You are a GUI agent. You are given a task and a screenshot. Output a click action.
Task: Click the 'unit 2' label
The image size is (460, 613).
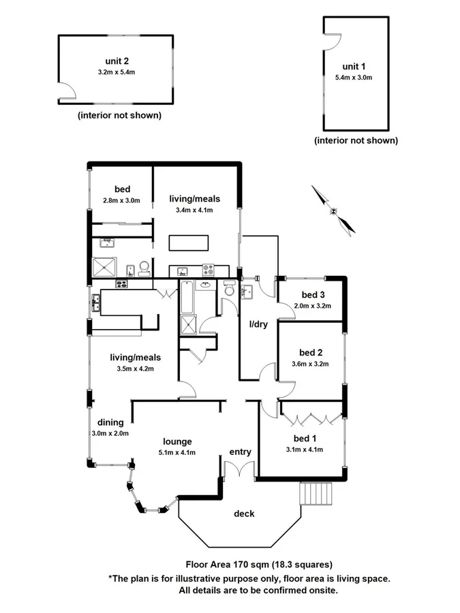click(x=117, y=60)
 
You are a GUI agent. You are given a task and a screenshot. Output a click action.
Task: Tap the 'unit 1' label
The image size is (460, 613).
click(x=354, y=66)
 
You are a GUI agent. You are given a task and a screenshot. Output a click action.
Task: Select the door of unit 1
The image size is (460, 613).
click(x=332, y=42)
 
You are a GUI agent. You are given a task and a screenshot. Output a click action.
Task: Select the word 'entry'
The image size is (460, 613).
click(x=241, y=452)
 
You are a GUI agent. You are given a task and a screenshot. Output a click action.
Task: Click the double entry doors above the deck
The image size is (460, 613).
click(x=239, y=470)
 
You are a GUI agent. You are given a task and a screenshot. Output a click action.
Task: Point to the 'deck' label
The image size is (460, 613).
click(x=244, y=514)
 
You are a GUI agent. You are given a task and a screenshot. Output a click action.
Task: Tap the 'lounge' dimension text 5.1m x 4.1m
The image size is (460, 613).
click(x=177, y=452)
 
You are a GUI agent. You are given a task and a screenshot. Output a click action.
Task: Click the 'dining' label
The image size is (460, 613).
click(x=110, y=422)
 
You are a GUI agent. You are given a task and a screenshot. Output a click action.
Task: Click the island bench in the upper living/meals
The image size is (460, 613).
click(x=189, y=243)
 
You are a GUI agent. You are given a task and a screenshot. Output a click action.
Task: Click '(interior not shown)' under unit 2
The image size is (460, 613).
click(x=120, y=115)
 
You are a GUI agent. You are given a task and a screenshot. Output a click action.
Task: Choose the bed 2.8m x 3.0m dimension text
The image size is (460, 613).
click(x=121, y=200)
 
